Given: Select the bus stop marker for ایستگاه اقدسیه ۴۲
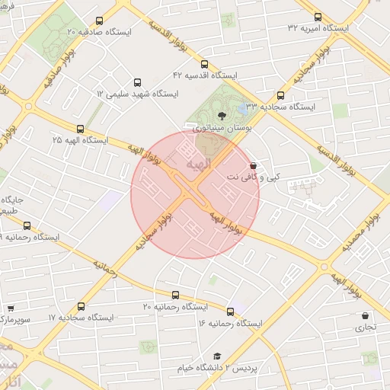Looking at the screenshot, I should point(204,64).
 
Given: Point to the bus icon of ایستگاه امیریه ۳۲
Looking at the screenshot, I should point(318,16).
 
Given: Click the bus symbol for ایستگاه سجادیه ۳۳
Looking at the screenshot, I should point(280,96).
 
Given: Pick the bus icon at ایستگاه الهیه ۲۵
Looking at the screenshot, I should point(80,129).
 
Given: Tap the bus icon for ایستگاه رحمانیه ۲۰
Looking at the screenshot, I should point(176,295).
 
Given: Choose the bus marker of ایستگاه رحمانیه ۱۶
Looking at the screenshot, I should point(231,312).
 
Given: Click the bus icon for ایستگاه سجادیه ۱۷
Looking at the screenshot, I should point(81,306).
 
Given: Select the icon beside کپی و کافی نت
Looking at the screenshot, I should point(253,165).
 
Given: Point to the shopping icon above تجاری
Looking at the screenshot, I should point(365,316).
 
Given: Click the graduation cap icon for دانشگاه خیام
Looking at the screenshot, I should point(217,356).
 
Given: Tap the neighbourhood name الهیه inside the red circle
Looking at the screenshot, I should point(197,165).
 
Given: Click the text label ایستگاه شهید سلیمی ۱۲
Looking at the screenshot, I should point(137,94).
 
